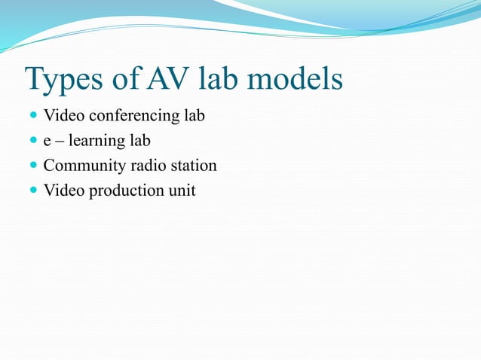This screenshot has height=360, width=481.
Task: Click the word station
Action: (192, 166)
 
